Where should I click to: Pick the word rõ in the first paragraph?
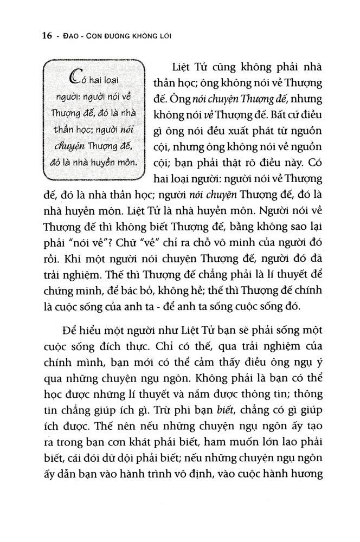coord(263,162)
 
